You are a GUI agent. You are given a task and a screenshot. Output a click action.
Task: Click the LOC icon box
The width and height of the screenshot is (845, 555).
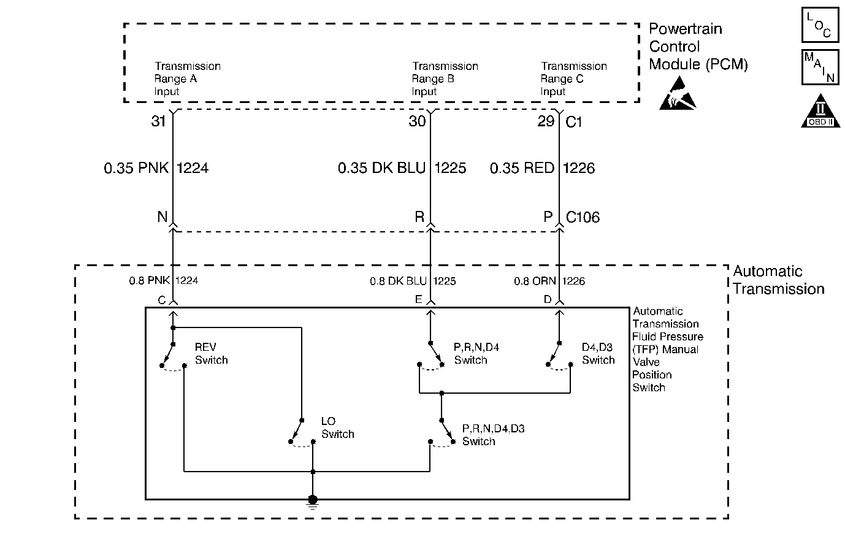pyautogui.click(x=820, y=25)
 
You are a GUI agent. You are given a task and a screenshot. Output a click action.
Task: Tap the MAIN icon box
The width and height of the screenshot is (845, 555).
pyautogui.click(x=820, y=67)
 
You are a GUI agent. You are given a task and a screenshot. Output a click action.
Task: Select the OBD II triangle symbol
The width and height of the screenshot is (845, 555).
pyautogui.click(x=820, y=111)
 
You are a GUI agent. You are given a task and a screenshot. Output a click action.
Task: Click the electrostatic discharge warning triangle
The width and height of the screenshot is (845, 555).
pyautogui.click(x=678, y=93)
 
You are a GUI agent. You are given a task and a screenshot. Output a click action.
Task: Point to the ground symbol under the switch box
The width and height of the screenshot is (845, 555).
pyautogui.click(x=312, y=502)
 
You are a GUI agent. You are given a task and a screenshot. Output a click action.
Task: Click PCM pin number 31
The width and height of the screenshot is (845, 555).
pyautogui.click(x=158, y=121)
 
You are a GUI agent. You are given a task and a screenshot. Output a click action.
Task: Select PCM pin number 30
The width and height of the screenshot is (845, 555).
pyautogui.click(x=417, y=121)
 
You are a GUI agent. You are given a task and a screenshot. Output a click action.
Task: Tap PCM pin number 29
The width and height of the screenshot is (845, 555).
pyautogui.click(x=546, y=121)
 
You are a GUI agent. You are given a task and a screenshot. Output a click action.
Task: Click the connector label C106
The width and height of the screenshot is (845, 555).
pyautogui.click(x=583, y=217)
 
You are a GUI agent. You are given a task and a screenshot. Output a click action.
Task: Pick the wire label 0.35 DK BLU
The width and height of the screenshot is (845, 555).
pyautogui.click(x=381, y=168)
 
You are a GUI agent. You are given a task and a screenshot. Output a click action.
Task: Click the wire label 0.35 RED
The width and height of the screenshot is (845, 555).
pyautogui.click(x=522, y=168)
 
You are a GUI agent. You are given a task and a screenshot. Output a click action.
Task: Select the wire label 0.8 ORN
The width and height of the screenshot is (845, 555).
pyautogui.click(x=535, y=281)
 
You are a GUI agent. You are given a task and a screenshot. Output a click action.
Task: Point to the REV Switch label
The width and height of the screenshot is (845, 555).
pyautogui.click(x=211, y=353)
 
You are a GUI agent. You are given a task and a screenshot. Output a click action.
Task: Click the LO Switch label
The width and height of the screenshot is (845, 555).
pyautogui.click(x=338, y=428)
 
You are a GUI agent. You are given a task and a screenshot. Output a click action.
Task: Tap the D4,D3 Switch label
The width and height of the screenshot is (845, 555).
pyautogui.click(x=598, y=353)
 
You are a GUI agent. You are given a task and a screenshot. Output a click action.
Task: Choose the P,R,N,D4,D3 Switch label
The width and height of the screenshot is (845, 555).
pyautogui.click(x=494, y=435)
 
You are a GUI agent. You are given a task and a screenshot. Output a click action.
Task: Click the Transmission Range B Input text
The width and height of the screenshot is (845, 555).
pyautogui.click(x=445, y=79)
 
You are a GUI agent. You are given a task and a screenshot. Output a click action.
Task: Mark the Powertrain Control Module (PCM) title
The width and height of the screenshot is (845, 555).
pyautogui.click(x=698, y=47)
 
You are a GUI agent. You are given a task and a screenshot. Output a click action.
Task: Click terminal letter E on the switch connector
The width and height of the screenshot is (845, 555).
pyautogui.click(x=418, y=299)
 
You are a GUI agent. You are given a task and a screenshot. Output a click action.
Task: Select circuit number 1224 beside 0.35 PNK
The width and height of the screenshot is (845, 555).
pyautogui.click(x=193, y=168)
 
